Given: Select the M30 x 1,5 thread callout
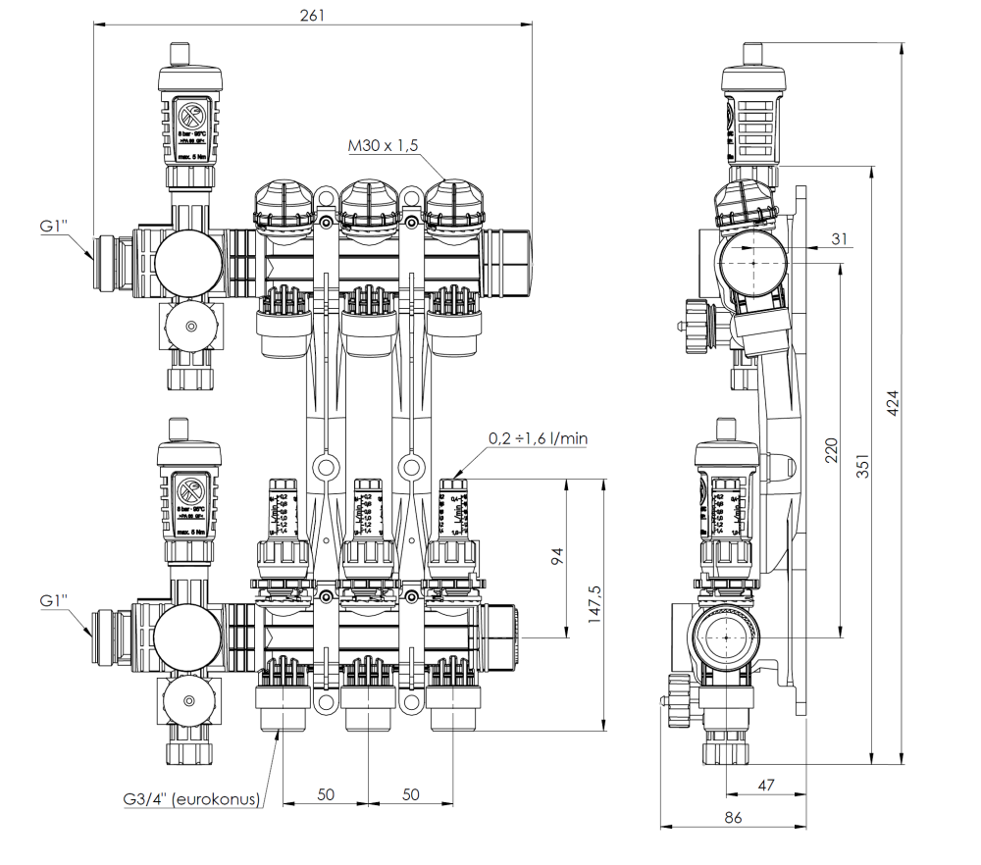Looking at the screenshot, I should [383, 146].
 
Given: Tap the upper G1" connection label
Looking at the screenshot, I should [53, 227].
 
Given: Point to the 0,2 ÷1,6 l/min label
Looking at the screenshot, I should [539, 438].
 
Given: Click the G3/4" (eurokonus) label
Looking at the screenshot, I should [191, 799].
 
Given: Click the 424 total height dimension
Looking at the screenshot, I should [893, 403].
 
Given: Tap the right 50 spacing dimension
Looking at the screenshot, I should [410, 792].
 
